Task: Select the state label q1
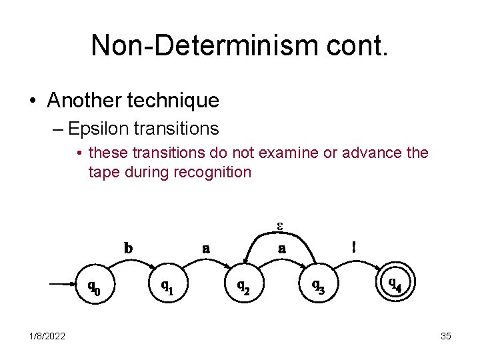[167, 286]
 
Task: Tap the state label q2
[244, 286]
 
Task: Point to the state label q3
[319, 286]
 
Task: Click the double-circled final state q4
[395, 284]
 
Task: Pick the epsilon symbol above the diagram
[281, 224]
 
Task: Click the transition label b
[128, 247]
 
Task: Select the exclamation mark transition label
[354, 246]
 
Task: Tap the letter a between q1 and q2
[206, 249]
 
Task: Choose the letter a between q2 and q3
[282, 249]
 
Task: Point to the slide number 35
[446, 336]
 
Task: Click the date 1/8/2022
[47, 336]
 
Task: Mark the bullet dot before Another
[33, 101]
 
